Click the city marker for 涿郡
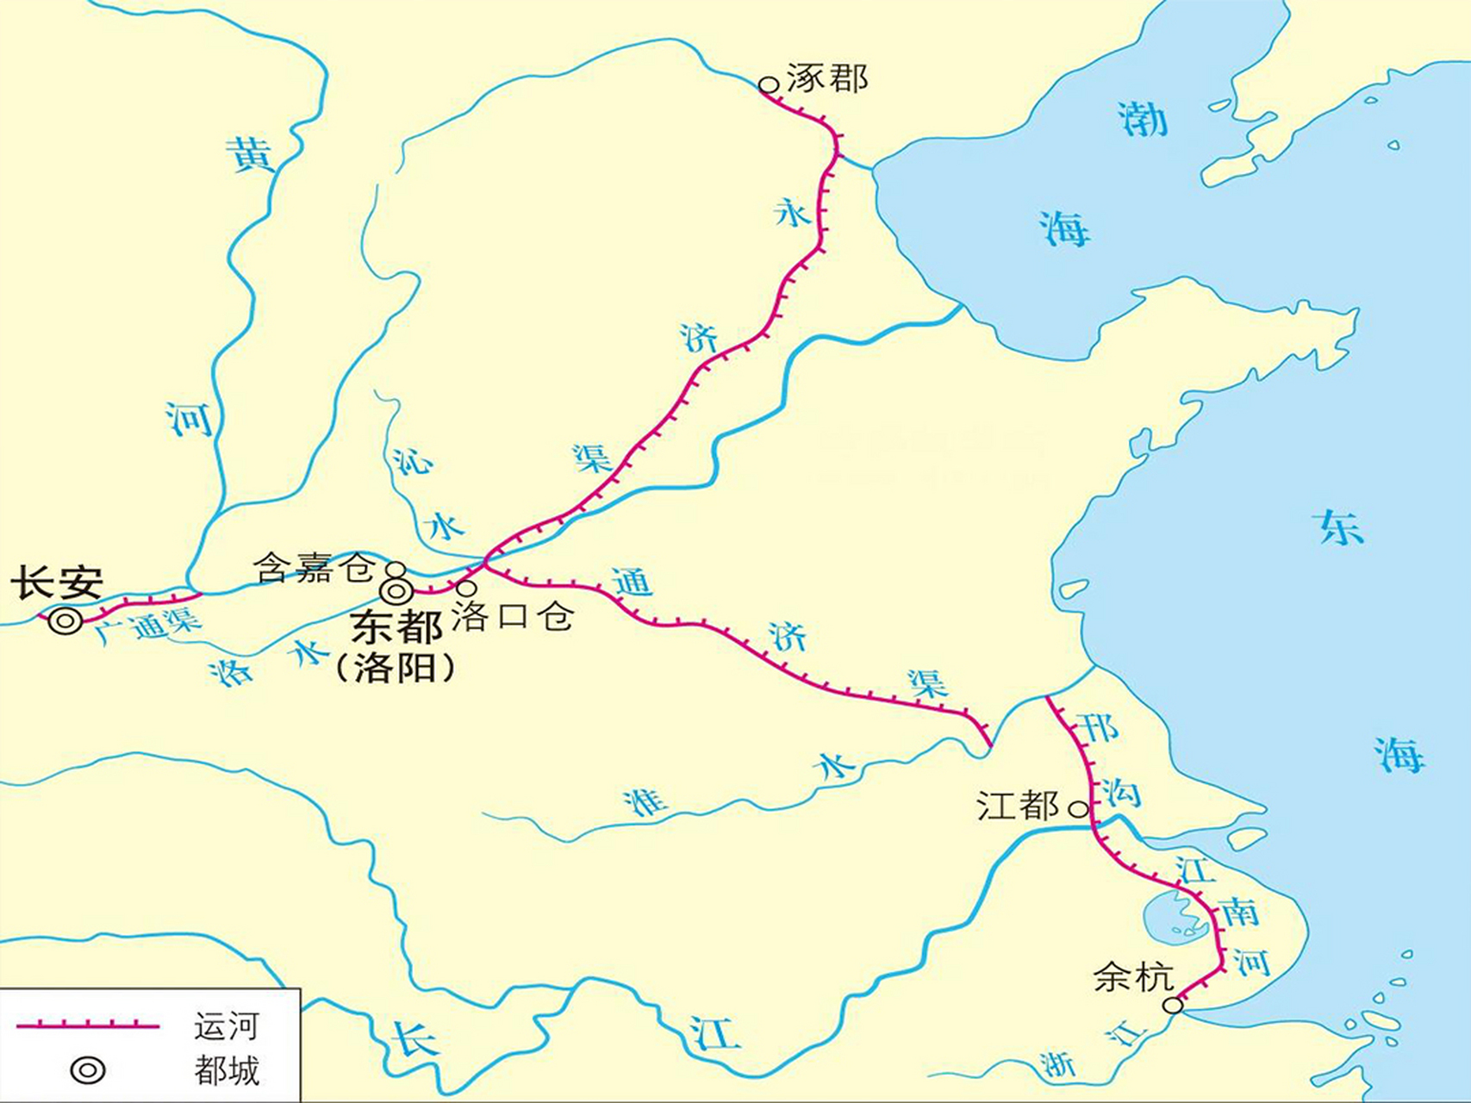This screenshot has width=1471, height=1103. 768,84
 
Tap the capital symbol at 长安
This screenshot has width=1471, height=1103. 65,620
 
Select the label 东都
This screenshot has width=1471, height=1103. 396,627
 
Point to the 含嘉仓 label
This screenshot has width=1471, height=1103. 314,568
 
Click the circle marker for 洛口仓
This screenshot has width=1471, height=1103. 466,588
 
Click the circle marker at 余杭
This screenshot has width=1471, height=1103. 1173,1005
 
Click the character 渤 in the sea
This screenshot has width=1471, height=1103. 1143,118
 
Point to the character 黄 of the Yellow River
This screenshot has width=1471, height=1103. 249,155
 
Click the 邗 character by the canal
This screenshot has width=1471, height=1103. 1098,729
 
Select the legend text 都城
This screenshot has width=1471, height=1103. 226,1071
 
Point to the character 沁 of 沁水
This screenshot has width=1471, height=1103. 412,462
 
